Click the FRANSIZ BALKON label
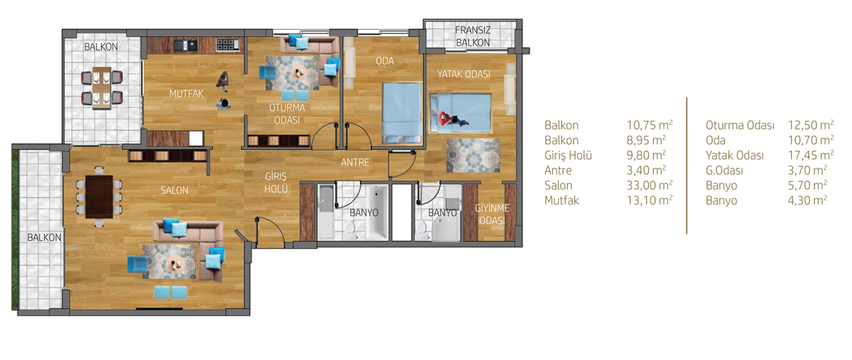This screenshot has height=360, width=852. tap(473, 36)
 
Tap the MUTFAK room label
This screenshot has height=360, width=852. tap(186, 94)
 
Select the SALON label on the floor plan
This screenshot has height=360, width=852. tap(174, 190)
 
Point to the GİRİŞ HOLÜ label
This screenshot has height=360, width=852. tap(275, 182)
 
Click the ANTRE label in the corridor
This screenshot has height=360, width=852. tap(355, 163)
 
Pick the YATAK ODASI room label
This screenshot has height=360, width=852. tap(464, 74)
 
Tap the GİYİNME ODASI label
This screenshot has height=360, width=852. tap(492, 214)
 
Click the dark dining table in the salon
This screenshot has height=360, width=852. tap(99, 197)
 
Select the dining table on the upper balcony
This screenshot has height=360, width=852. tap(102, 87)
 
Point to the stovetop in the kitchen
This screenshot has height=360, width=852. tap(227, 45)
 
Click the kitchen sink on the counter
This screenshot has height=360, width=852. tap(186, 45)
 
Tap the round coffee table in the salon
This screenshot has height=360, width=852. tap(175, 263)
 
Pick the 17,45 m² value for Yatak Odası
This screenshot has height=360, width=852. tap(811, 155)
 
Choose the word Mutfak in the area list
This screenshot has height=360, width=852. tap(562, 200)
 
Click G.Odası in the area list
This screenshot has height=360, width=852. tap(724, 170)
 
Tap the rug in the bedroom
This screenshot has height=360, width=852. tap(473, 156)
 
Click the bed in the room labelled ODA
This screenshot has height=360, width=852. tap(402, 113)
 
